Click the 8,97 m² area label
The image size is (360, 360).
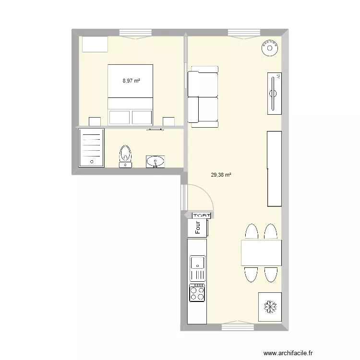click(x=131, y=81)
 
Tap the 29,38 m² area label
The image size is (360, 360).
click(x=221, y=175)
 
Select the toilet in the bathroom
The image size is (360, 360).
click(x=126, y=156)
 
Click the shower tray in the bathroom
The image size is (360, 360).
click(x=91, y=147)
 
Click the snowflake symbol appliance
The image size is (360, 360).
click(x=270, y=306)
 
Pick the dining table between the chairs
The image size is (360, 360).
click(x=261, y=252)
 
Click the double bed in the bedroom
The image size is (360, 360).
click(x=130, y=95)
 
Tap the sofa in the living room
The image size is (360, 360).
click(x=203, y=96)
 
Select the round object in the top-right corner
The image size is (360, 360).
click(x=270, y=48)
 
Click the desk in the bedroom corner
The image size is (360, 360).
click(x=95, y=44)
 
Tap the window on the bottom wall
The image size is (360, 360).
click(x=239, y=327)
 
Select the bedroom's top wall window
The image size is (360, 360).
click(x=136, y=33)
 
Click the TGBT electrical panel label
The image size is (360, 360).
click(x=202, y=216)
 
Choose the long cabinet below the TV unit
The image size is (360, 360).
click(x=274, y=168)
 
